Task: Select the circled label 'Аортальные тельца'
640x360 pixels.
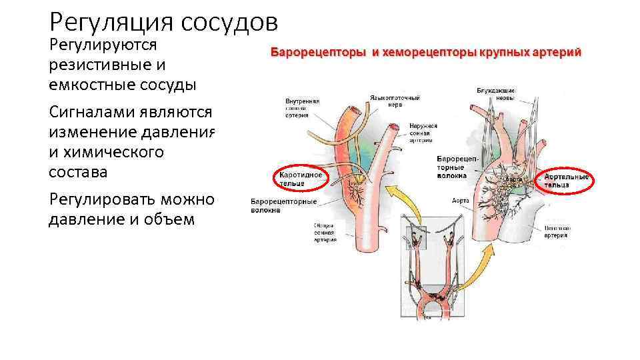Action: [x=566, y=180]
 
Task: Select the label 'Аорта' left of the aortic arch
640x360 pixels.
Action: [x=459, y=200]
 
